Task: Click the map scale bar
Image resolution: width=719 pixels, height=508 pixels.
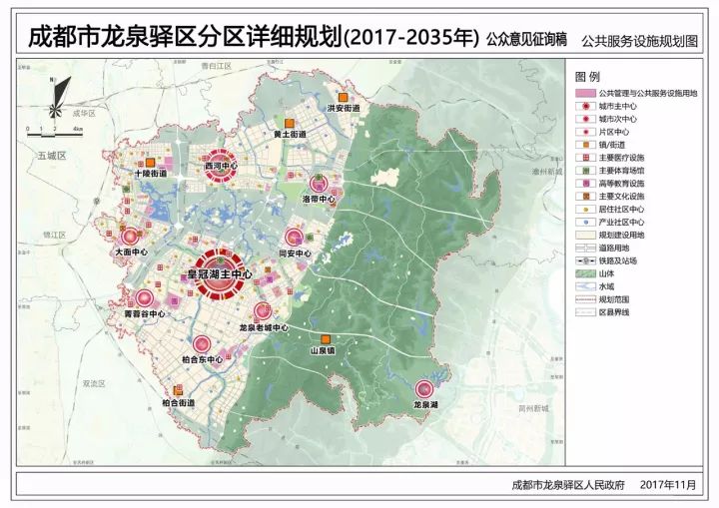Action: [x=62, y=130]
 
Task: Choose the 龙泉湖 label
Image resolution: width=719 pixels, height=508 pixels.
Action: [x=426, y=405]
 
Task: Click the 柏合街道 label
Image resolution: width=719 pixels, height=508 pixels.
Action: [x=178, y=403]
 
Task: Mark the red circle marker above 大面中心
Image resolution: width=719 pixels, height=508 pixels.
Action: [x=130, y=237]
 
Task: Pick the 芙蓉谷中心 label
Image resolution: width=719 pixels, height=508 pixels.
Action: [x=144, y=313]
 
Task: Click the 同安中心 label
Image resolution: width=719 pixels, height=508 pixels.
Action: [x=295, y=254]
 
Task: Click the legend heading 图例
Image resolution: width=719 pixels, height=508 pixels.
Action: [x=587, y=77]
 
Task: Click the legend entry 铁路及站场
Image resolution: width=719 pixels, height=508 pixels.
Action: [x=620, y=258]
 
